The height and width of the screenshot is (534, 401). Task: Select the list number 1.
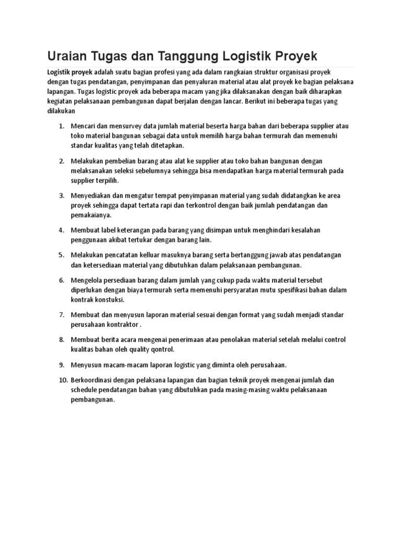[x=61, y=127]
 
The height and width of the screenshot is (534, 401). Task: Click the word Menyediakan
[x=93, y=196]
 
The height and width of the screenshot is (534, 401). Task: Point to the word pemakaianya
[x=92, y=214]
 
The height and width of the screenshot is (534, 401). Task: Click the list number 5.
[x=61, y=255]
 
